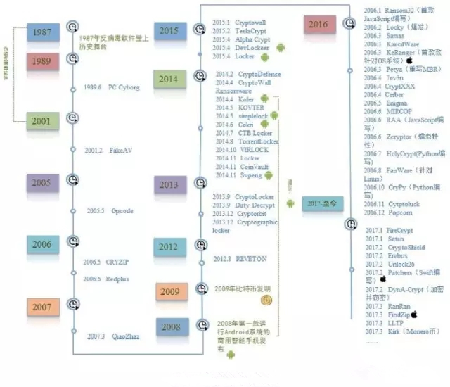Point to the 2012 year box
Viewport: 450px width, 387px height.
[168, 246]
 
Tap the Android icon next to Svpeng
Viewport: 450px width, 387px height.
[268, 175]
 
